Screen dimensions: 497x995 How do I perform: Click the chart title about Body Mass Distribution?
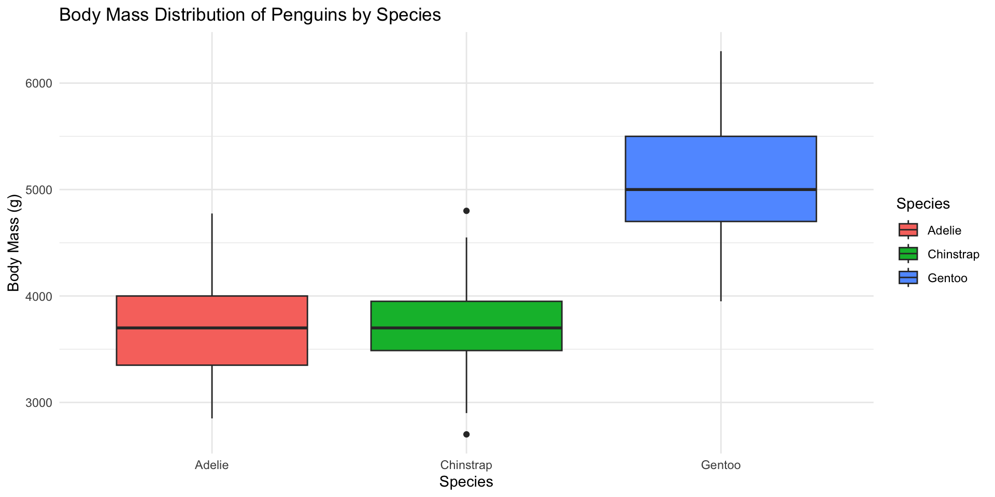tap(250, 15)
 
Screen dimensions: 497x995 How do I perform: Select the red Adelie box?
tap(212, 347)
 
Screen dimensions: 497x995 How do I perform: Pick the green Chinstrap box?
tap(466, 339)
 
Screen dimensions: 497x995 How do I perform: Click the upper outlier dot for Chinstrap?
tap(466, 211)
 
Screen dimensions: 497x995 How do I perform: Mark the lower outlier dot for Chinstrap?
tap(466, 434)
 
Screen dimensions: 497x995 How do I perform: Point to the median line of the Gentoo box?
tap(721, 189)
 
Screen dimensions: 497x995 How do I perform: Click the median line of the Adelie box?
tap(212, 328)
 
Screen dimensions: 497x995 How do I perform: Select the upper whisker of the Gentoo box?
tap(721, 93)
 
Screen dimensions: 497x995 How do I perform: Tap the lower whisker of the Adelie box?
tap(212, 392)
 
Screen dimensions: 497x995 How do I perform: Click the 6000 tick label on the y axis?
tap(39, 83)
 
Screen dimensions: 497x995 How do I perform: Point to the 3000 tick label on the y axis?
tap(39, 403)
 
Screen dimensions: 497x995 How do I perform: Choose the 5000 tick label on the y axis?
tap(39, 190)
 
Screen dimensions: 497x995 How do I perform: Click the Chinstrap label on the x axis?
tap(466, 465)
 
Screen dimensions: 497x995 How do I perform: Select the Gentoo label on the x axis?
tap(721, 465)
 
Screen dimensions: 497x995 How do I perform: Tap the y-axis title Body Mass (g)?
tap(14, 243)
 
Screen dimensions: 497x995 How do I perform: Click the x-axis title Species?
tap(466, 482)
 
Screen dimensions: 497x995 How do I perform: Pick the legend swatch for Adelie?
tap(908, 230)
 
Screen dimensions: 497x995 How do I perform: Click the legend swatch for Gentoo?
tap(908, 278)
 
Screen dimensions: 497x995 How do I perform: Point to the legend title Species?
tap(923, 204)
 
